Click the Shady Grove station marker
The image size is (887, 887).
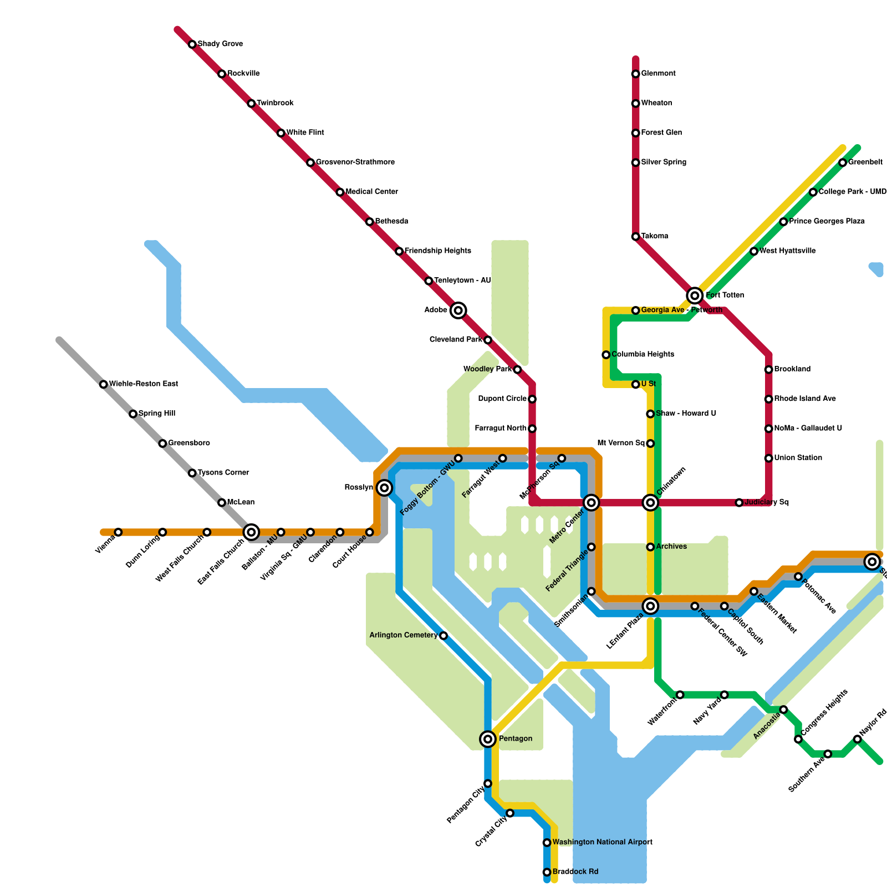click(x=192, y=44)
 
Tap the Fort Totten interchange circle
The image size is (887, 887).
click(x=695, y=295)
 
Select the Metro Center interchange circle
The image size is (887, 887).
click(x=592, y=503)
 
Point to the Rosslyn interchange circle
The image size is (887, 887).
click(x=385, y=488)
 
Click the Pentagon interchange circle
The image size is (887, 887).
click(x=488, y=739)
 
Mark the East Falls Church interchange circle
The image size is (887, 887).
click(x=251, y=532)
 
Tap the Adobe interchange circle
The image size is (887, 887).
click(x=458, y=310)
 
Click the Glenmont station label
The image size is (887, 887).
click(x=658, y=74)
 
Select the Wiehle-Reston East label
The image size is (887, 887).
click(x=143, y=384)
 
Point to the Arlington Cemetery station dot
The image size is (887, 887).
click(x=443, y=636)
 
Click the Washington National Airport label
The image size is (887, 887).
click(x=602, y=842)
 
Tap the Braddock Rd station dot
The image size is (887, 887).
click(x=547, y=872)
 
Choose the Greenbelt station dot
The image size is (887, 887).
click(x=843, y=162)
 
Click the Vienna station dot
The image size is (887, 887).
click(x=118, y=532)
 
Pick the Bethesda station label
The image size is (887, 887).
click(x=391, y=221)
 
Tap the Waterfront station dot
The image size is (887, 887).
click(x=680, y=695)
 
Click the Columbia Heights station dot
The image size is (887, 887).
click(x=606, y=355)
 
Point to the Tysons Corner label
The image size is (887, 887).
click(x=223, y=473)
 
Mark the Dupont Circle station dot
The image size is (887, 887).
click(x=532, y=399)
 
